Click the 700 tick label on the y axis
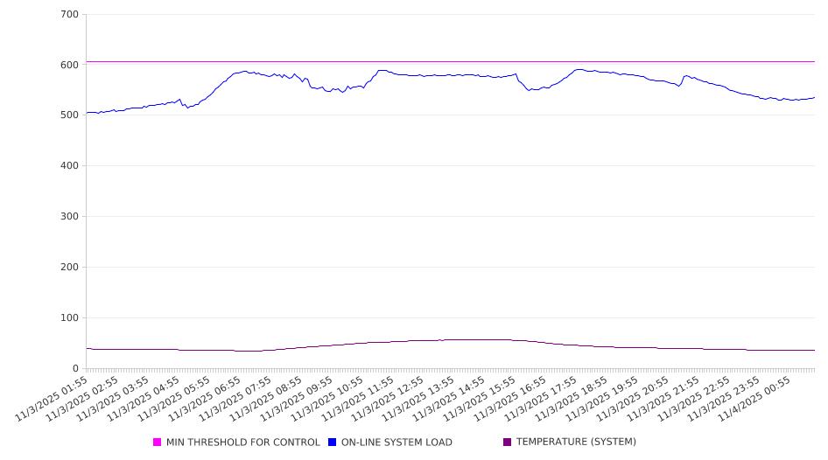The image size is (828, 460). (x=70, y=14)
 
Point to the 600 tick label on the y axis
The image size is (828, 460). (x=70, y=65)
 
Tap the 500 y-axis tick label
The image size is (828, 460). (x=70, y=115)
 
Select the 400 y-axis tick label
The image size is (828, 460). (x=70, y=166)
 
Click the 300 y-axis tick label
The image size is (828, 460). (x=70, y=217)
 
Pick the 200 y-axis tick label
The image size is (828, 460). (x=70, y=268)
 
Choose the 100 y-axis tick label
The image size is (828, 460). (x=70, y=318)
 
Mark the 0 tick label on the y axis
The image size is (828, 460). (x=76, y=369)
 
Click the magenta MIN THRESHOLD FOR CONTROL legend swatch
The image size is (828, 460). (x=158, y=443)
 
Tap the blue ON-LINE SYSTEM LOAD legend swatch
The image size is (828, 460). (x=333, y=443)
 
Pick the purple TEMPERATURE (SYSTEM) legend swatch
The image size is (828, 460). (x=507, y=443)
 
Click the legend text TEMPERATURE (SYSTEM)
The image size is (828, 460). (x=576, y=443)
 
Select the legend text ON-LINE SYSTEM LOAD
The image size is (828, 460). (x=396, y=443)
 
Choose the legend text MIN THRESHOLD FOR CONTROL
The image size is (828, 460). (x=243, y=443)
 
